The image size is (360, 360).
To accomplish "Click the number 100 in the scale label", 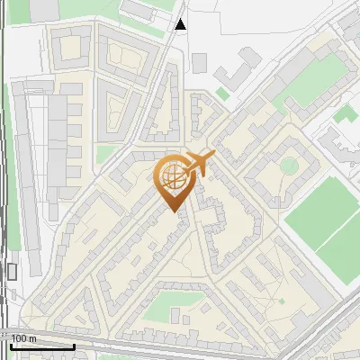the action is click(20, 338).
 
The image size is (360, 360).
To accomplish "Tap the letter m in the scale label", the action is click(32, 338).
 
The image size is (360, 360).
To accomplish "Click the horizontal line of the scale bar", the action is click(40, 346).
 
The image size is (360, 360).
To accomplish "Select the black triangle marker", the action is click(181, 25).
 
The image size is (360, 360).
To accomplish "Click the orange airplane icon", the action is click(199, 163).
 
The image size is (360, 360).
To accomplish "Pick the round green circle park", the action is click(289, 166).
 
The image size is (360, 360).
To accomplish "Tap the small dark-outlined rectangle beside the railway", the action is click(12, 271).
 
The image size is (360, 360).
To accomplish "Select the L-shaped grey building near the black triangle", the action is click(236, 70).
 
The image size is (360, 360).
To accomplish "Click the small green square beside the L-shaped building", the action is click(222, 93).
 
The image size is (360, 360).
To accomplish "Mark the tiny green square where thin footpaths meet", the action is click(281, 301).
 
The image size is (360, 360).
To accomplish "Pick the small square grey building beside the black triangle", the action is click(199, 62).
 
